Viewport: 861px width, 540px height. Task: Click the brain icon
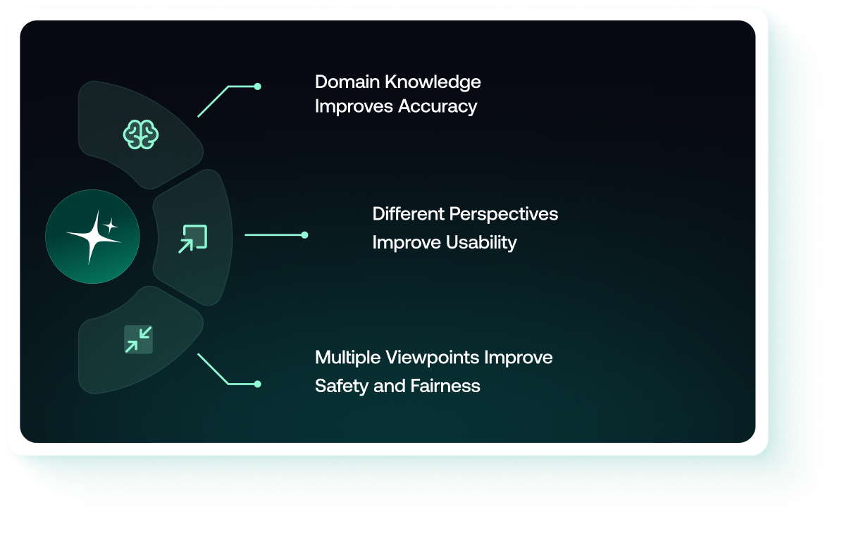[141, 134]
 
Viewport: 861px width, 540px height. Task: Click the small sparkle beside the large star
[111, 225]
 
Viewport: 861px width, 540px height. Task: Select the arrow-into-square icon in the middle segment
[192, 239]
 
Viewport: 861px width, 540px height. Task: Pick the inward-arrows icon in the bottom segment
[138, 339]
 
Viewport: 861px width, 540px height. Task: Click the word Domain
[347, 82]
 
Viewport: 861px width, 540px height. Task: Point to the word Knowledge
[433, 82]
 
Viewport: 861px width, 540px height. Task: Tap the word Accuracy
[438, 106]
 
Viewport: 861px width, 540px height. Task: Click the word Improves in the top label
[354, 107]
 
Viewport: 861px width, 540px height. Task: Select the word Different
[408, 213]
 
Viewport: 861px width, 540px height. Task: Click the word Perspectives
[504, 214]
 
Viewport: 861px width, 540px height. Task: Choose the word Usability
[481, 243]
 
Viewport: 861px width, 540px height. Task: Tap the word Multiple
[348, 358]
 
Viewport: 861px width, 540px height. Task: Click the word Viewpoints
[433, 358]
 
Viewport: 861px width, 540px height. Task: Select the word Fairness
[445, 386]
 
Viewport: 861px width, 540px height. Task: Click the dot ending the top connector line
[258, 87]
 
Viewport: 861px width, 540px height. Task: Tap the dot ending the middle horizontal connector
[304, 234]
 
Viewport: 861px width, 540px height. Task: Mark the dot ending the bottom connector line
[258, 384]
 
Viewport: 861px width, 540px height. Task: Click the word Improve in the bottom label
[518, 358]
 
